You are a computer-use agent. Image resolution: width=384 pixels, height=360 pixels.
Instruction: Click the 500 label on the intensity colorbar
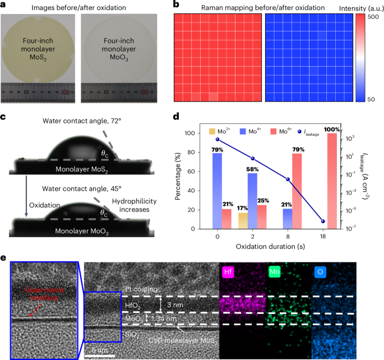(373, 18)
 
